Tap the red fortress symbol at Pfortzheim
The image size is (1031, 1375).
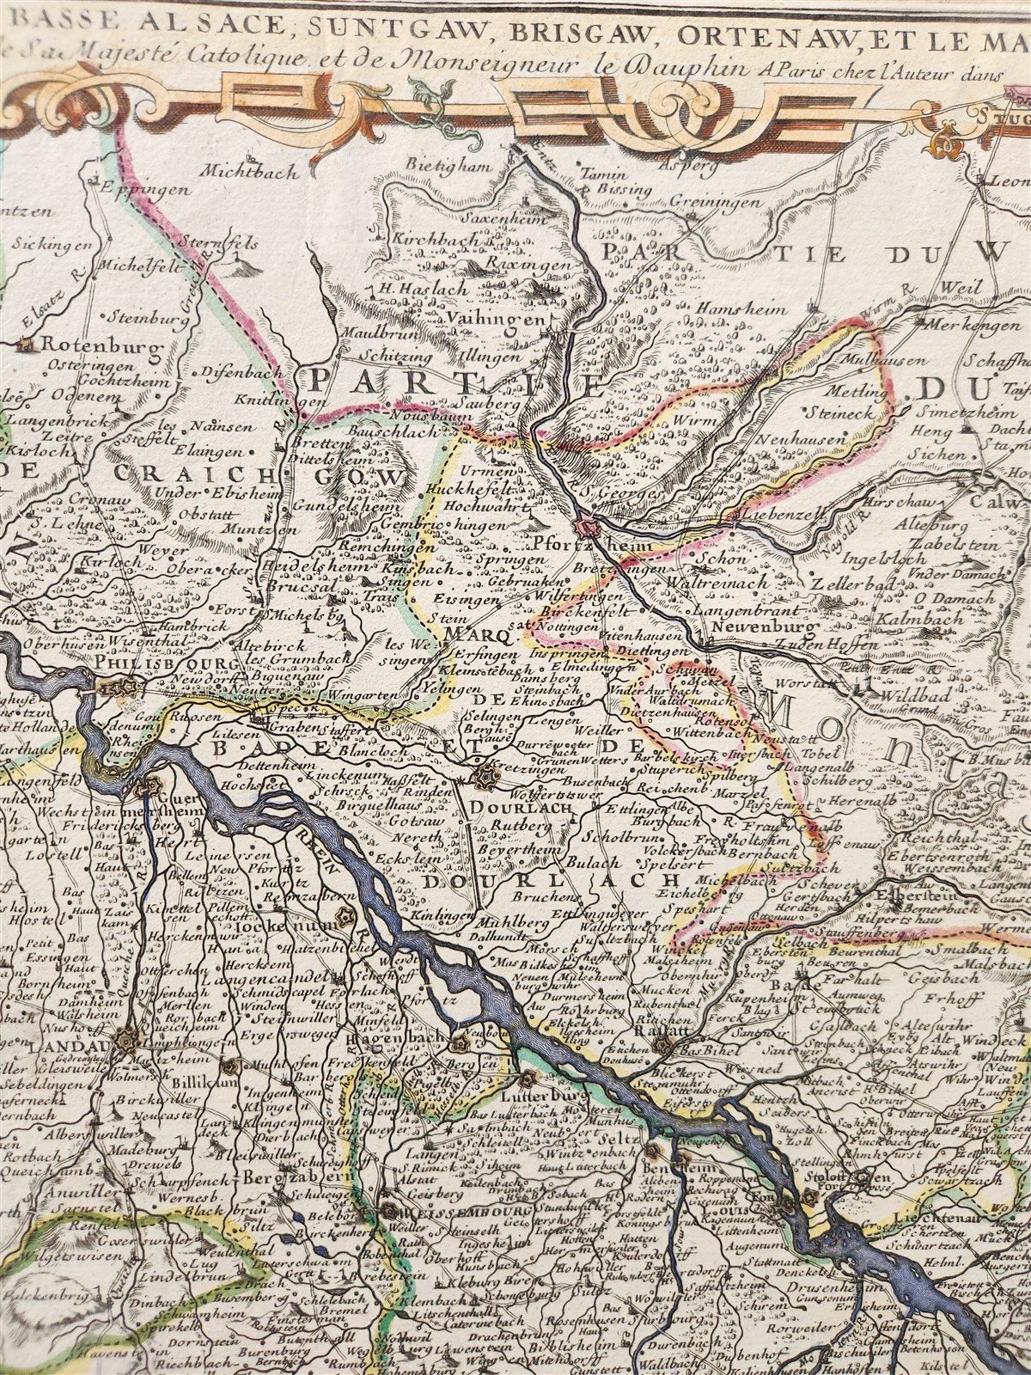coord(587,527)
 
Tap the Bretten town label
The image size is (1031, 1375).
coord(317,443)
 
